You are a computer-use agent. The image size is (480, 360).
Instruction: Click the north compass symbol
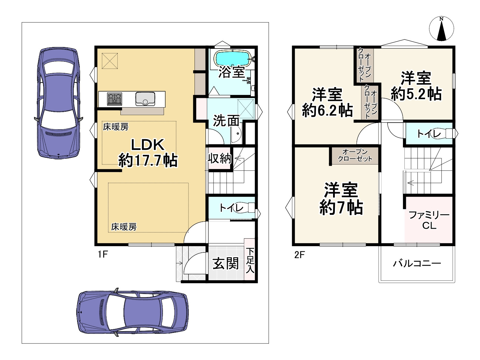click(x=441, y=29)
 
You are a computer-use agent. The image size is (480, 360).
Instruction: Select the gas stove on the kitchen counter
click(x=114, y=99)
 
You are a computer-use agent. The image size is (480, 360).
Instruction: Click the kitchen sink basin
click(x=145, y=99)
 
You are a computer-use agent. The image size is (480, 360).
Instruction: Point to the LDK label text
click(x=148, y=145)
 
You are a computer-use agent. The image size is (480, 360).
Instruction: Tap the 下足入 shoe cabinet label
click(x=250, y=260)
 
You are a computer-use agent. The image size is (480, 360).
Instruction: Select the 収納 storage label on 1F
click(x=219, y=158)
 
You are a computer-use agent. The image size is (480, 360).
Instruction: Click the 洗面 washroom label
click(x=226, y=121)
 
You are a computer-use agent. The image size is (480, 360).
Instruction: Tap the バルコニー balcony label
click(x=417, y=263)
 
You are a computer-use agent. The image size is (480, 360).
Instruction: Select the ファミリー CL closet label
click(x=429, y=220)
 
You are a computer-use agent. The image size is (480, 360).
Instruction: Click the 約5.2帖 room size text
click(x=416, y=94)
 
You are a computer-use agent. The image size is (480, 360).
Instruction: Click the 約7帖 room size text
click(x=341, y=207)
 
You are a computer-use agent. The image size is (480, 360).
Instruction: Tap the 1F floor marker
click(x=103, y=254)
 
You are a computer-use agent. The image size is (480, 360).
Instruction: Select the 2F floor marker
click(x=300, y=255)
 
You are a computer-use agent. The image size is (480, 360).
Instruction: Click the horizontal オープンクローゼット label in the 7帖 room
click(x=355, y=155)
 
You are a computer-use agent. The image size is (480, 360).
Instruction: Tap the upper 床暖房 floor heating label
click(x=116, y=127)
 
